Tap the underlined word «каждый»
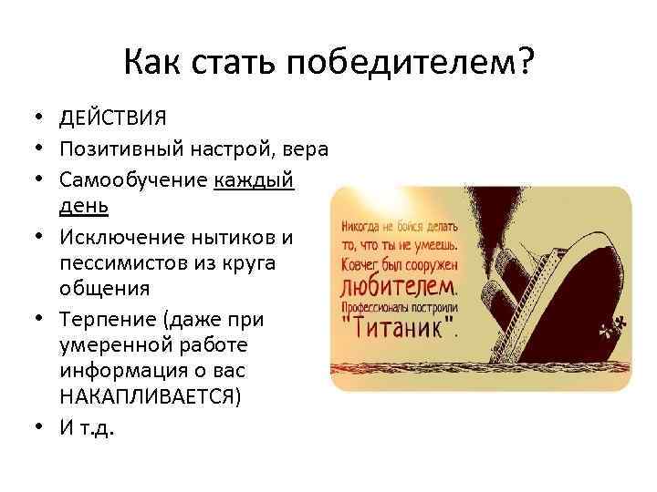[x=255, y=179]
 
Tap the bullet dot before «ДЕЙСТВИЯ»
[x=41, y=118]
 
